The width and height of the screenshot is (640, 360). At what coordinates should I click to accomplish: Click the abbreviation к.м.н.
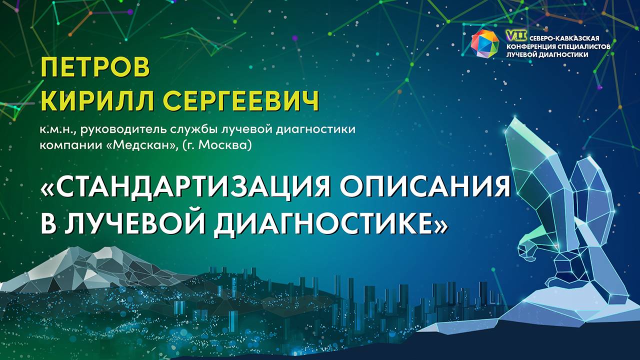click(x=56, y=130)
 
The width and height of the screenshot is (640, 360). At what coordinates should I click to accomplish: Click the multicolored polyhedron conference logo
click(x=485, y=42)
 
